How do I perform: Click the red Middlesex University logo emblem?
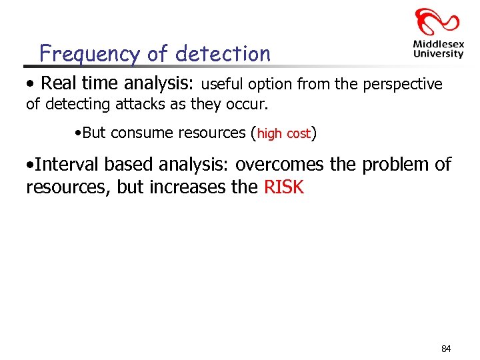tap(437, 23)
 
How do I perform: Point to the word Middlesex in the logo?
tap(438, 45)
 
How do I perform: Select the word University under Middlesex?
tap(438, 54)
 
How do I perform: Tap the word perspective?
tap(405, 85)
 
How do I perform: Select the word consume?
tap(140, 133)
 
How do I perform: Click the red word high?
tap(270, 133)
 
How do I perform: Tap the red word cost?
tap(299, 134)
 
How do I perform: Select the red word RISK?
tap(284, 187)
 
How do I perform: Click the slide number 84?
tap(446, 349)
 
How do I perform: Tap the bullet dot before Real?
tap(29, 85)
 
